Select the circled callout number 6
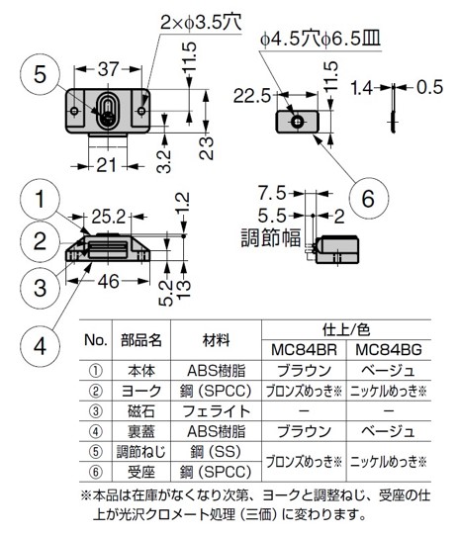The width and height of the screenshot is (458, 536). [367, 198]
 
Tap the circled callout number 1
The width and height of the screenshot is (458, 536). [38, 201]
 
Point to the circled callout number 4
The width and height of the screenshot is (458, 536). [38, 345]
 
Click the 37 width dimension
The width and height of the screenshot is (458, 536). [109, 70]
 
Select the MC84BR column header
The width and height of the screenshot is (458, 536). [306, 351]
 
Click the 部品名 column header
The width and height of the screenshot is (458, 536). [141, 340]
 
